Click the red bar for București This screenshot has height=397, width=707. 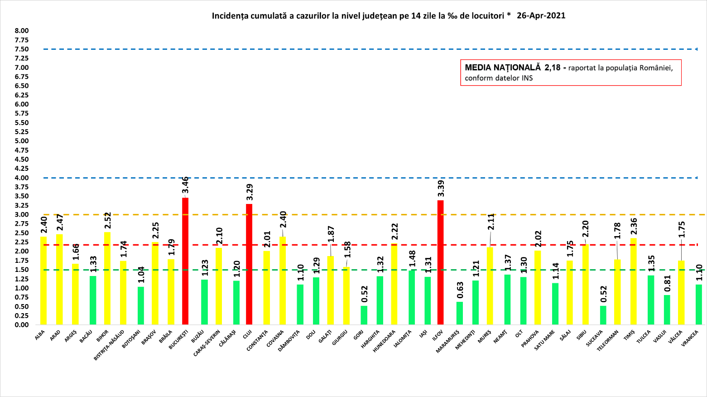pyautogui.click(x=185, y=261)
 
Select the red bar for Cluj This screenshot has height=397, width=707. pyautogui.click(x=249, y=264)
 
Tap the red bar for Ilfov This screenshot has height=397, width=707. pyautogui.click(x=440, y=262)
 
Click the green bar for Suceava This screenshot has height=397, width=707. pyautogui.click(x=603, y=315)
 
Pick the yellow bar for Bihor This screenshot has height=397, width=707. pyautogui.click(x=107, y=278)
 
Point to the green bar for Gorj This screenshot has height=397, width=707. pyautogui.click(x=364, y=315)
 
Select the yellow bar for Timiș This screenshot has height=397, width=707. pyautogui.click(x=634, y=281)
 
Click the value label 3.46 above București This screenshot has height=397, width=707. pyautogui.click(x=186, y=185)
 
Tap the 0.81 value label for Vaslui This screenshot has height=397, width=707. pyautogui.click(x=667, y=284)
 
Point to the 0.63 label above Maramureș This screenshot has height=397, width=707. pyautogui.click(x=460, y=291)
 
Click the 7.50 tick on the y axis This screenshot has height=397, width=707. pyautogui.click(x=22, y=49)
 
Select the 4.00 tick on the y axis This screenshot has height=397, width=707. pyautogui.click(x=22, y=178)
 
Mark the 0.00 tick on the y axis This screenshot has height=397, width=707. pyautogui.click(x=22, y=325)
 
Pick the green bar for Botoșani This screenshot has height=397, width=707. pyautogui.click(x=141, y=306)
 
